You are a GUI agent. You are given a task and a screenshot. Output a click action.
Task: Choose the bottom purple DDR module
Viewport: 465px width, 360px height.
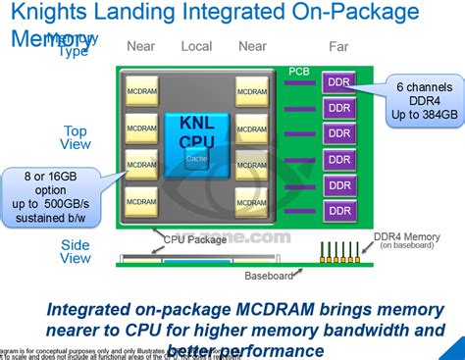(339, 210)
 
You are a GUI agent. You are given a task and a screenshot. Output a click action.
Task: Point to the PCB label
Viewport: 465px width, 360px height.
(299, 72)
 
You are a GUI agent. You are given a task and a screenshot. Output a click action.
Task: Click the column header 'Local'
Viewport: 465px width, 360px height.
(197, 46)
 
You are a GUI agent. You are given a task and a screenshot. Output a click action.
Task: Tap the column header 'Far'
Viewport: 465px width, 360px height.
(338, 46)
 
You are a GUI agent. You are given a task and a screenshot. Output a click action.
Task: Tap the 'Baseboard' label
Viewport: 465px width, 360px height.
(269, 276)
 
